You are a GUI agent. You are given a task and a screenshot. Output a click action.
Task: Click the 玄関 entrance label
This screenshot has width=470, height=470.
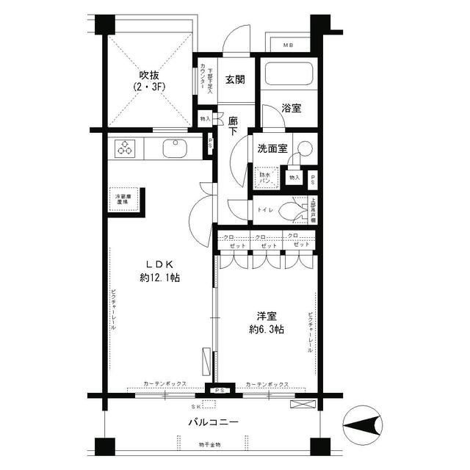click(x=235, y=80)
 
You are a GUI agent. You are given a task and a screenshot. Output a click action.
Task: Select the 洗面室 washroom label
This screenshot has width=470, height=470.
click(x=271, y=148)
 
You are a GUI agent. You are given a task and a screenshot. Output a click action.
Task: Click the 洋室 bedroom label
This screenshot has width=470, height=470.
click(x=267, y=315)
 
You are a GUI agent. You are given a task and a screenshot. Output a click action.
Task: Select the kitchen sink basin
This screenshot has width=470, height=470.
click(x=174, y=148)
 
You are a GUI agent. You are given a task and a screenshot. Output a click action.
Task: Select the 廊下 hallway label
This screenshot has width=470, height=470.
click(x=233, y=125)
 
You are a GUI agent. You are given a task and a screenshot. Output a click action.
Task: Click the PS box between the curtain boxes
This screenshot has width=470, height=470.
click(x=220, y=390)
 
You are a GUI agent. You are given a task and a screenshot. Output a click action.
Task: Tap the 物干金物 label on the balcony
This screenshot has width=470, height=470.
click(x=209, y=446)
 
